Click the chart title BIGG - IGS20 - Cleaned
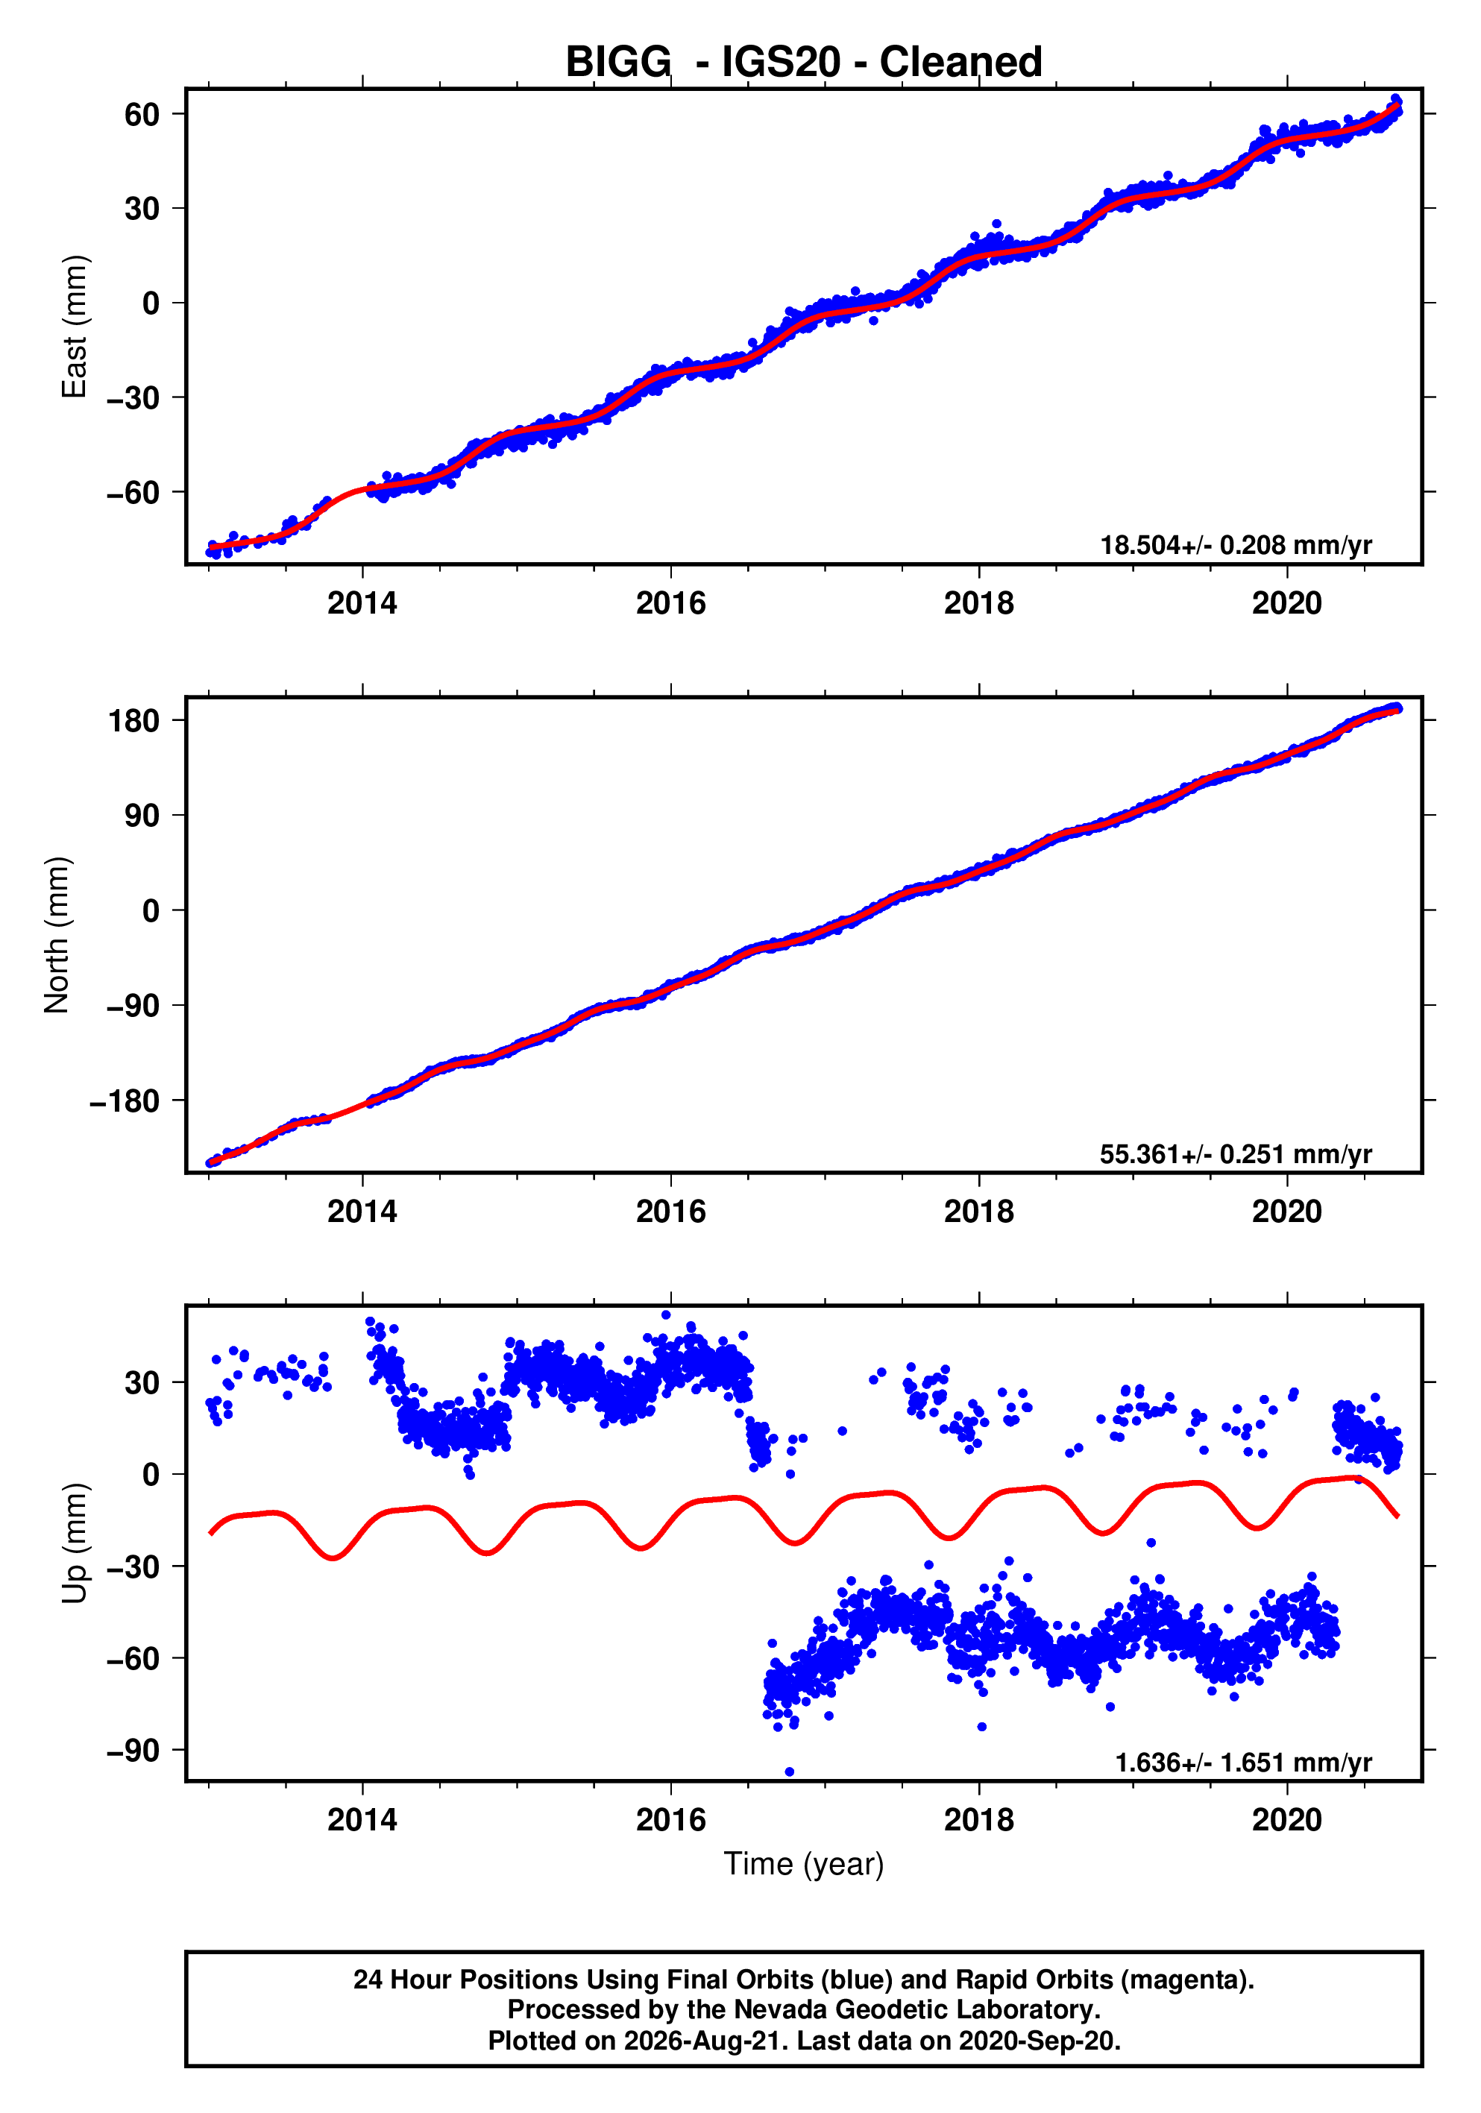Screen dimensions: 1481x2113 pyautogui.click(x=804, y=63)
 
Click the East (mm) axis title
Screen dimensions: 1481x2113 pyautogui.click(x=74, y=327)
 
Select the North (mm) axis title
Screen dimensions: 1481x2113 pyautogui.click(x=57, y=935)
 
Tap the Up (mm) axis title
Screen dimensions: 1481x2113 pyautogui.click(x=74, y=1543)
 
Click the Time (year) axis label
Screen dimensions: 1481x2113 pyautogui.click(x=804, y=1865)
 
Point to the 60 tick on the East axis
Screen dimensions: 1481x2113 pyautogui.click(x=142, y=114)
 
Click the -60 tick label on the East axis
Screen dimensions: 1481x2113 pyautogui.click(x=133, y=492)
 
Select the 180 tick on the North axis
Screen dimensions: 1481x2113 pyautogui.click(x=134, y=720)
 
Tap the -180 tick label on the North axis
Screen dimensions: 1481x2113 pyautogui.click(x=125, y=1100)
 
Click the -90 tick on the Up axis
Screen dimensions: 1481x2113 pyautogui.click(x=133, y=1751)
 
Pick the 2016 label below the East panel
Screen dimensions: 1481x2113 pyautogui.click(x=671, y=604)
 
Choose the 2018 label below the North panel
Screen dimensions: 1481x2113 pyautogui.click(x=978, y=1212)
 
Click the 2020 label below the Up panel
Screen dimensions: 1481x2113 pyautogui.click(x=1287, y=1820)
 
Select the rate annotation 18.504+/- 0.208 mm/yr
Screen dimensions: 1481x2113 pyautogui.click(x=1236, y=546)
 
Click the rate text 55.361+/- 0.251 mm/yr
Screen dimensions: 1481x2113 pyautogui.click(x=1236, y=1154)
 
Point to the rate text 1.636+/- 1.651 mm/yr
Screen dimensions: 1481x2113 pyautogui.click(x=1244, y=1763)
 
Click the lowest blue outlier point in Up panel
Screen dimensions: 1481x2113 pyautogui.click(x=790, y=1772)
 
